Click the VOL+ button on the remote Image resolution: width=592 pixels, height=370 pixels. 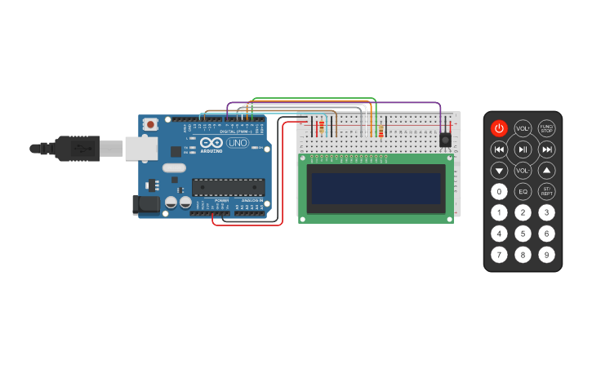523,128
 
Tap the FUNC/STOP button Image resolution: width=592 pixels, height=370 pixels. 546,128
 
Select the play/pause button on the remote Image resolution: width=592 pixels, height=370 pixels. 523,149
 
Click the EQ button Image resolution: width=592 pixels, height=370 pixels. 523,192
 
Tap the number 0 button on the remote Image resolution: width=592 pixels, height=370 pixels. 499,192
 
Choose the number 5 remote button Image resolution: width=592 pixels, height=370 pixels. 523,234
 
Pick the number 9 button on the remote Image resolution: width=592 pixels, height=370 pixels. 546,255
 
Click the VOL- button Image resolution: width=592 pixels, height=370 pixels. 523,171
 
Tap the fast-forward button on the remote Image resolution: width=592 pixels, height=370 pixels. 546,149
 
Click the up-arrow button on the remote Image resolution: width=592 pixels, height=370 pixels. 546,171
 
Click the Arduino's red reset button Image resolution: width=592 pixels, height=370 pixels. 150,124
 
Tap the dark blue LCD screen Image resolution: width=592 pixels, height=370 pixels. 376,188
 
